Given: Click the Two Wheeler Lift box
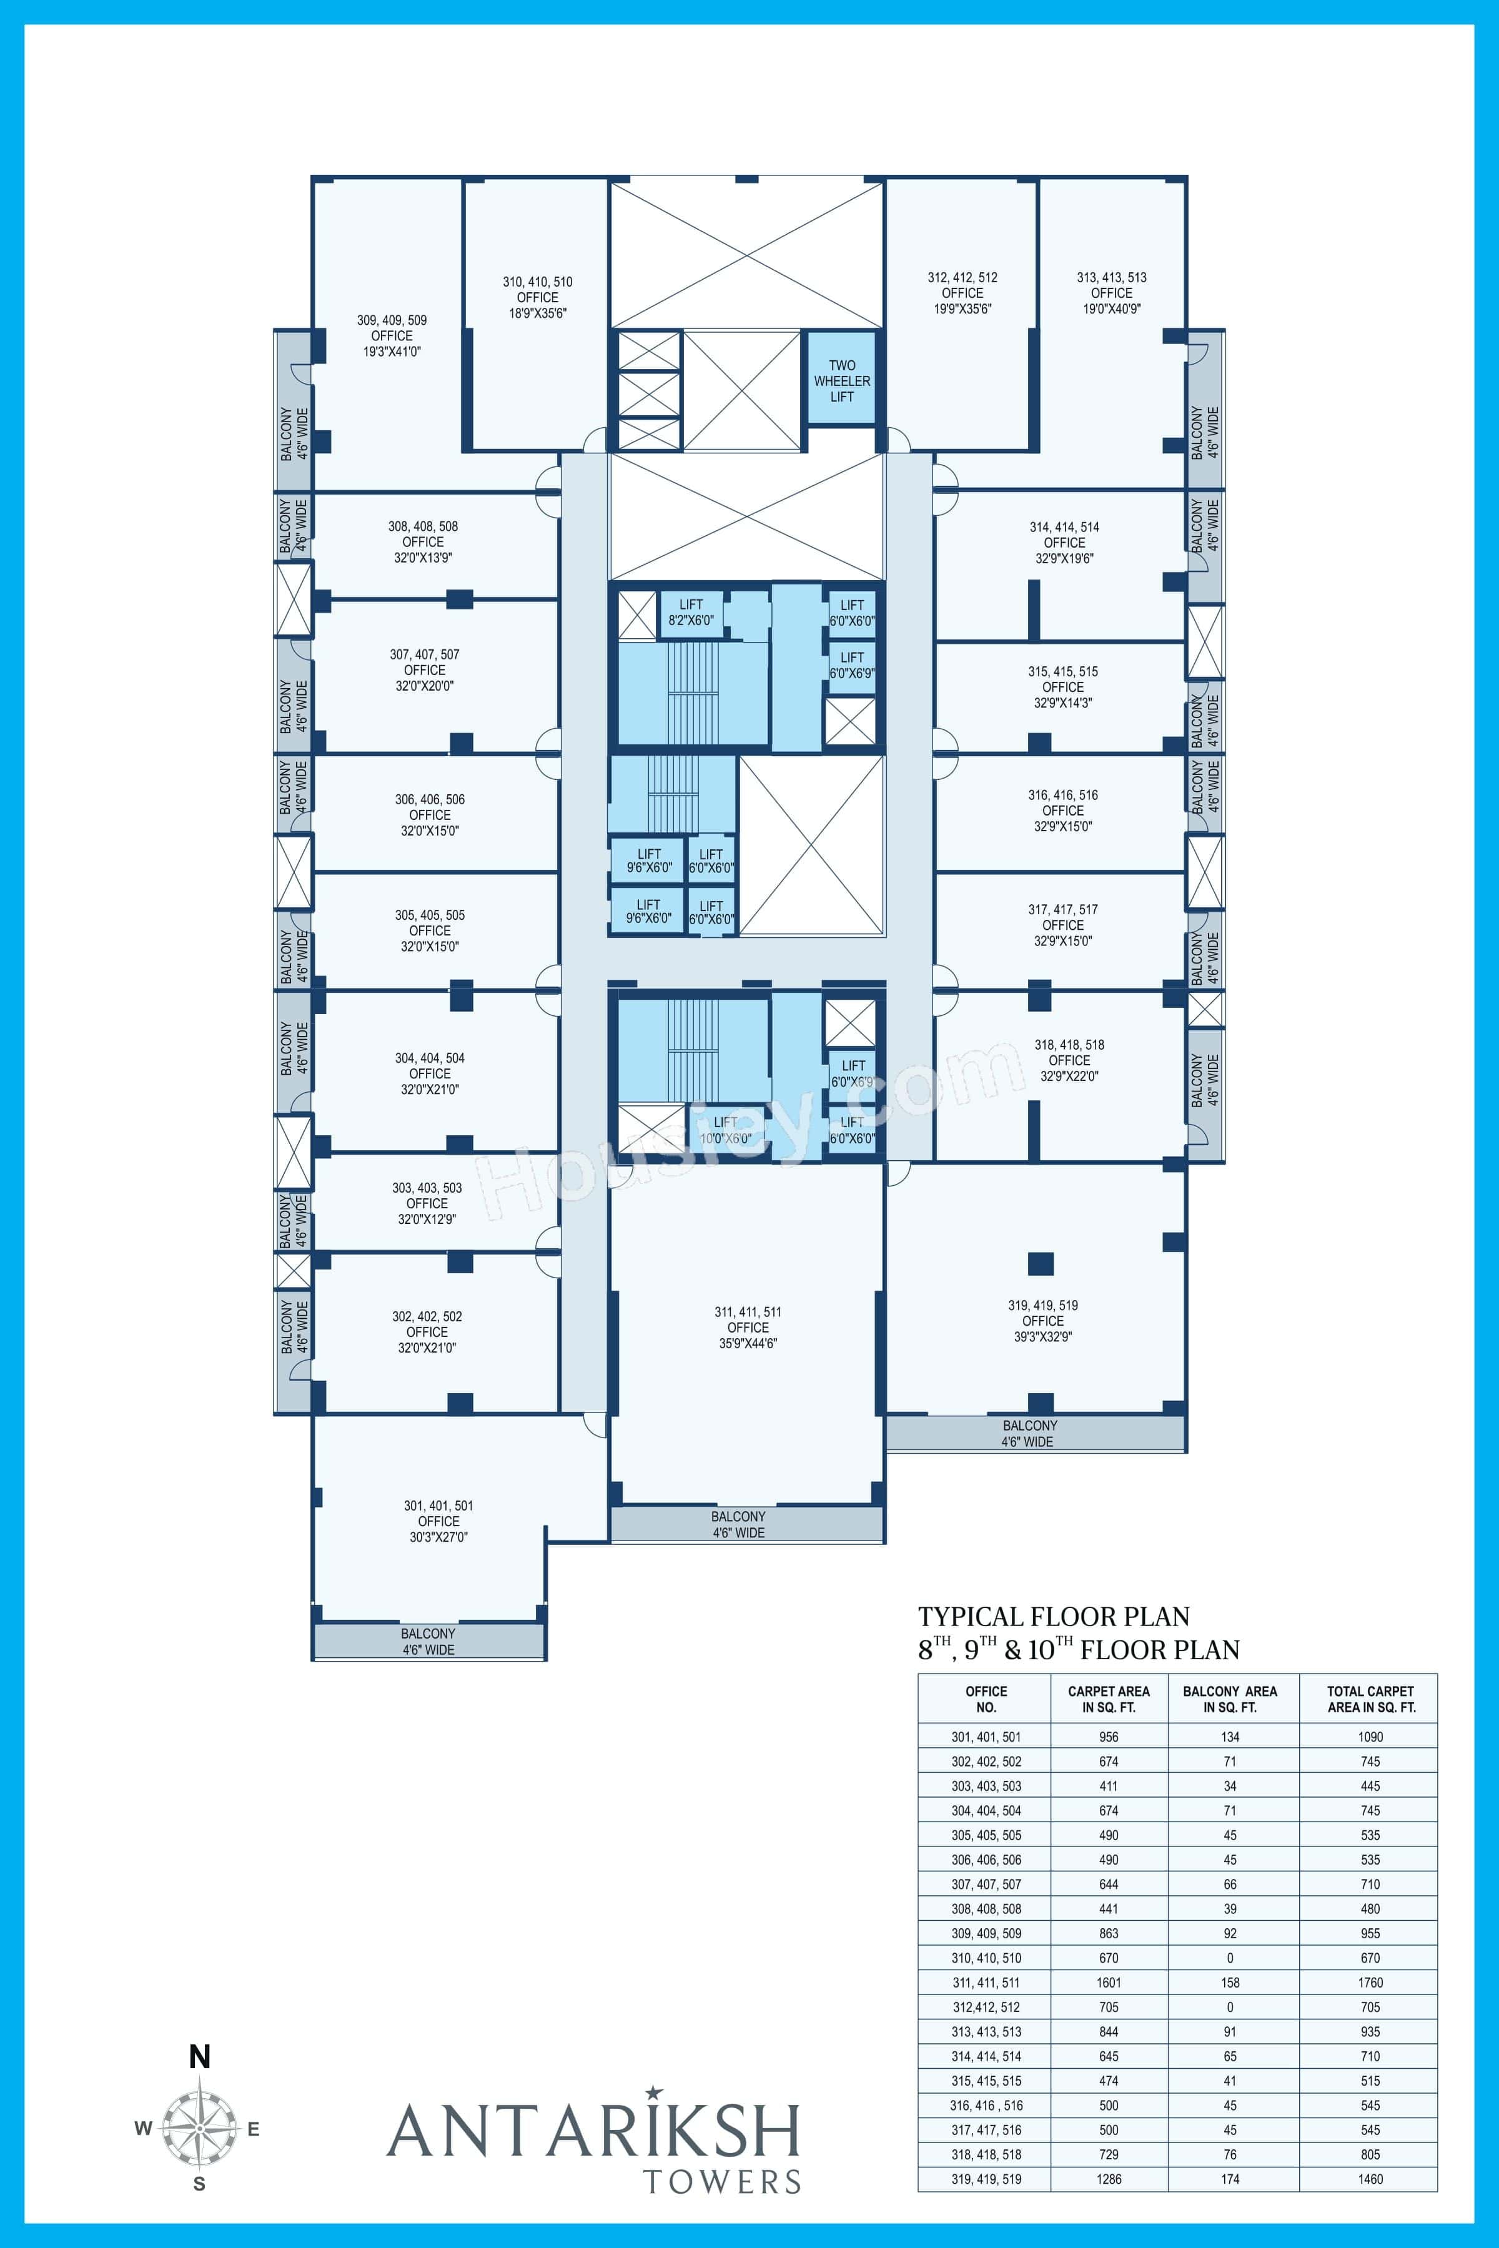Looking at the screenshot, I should point(841,380).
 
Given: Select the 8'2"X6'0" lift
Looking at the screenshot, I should point(690,613).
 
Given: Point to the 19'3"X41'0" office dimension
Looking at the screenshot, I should point(392,351).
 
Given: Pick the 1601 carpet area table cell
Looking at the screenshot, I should point(1109,1982).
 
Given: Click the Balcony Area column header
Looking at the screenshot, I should point(1229,1698).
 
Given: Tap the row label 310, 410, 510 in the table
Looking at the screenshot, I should point(986,1958).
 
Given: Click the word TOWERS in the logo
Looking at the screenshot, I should point(722,2181).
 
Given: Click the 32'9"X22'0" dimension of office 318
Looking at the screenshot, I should point(1069,1075).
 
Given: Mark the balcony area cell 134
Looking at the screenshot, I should point(1229,1737).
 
